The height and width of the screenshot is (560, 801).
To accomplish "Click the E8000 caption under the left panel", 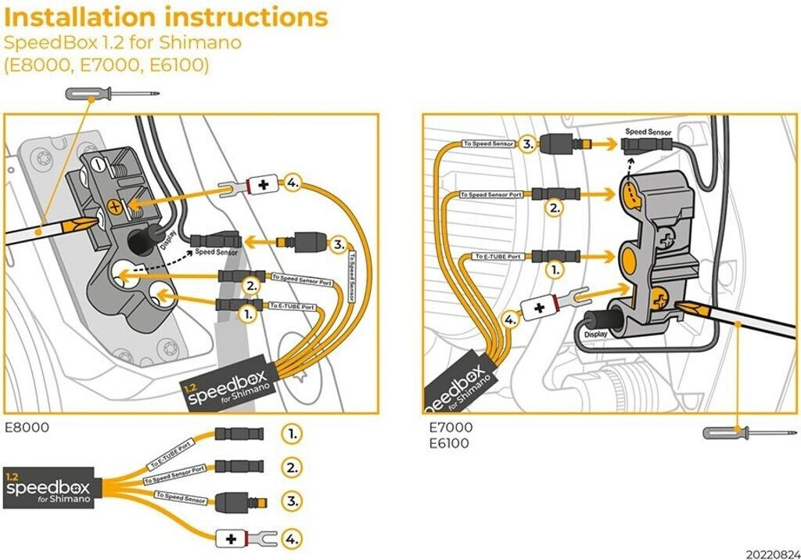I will pyautogui.click(x=27, y=428).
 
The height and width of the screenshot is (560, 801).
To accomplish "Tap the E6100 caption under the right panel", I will pyautogui.click(x=449, y=444).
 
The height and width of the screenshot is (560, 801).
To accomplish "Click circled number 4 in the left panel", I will pyautogui.click(x=293, y=182).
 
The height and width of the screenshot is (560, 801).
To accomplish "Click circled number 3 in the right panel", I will pyautogui.click(x=529, y=143).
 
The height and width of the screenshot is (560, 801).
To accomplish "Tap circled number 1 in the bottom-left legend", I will pyautogui.click(x=291, y=433).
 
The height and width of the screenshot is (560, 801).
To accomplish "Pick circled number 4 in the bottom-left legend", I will pyautogui.click(x=291, y=539).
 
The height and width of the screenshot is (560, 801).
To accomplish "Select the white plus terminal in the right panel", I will pyautogui.click(x=538, y=308).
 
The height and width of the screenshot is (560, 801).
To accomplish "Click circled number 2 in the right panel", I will pyautogui.click(x=555, y=209).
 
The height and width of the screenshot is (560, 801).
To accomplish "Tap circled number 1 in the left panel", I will pyautogui.click(x=248, y=314).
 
